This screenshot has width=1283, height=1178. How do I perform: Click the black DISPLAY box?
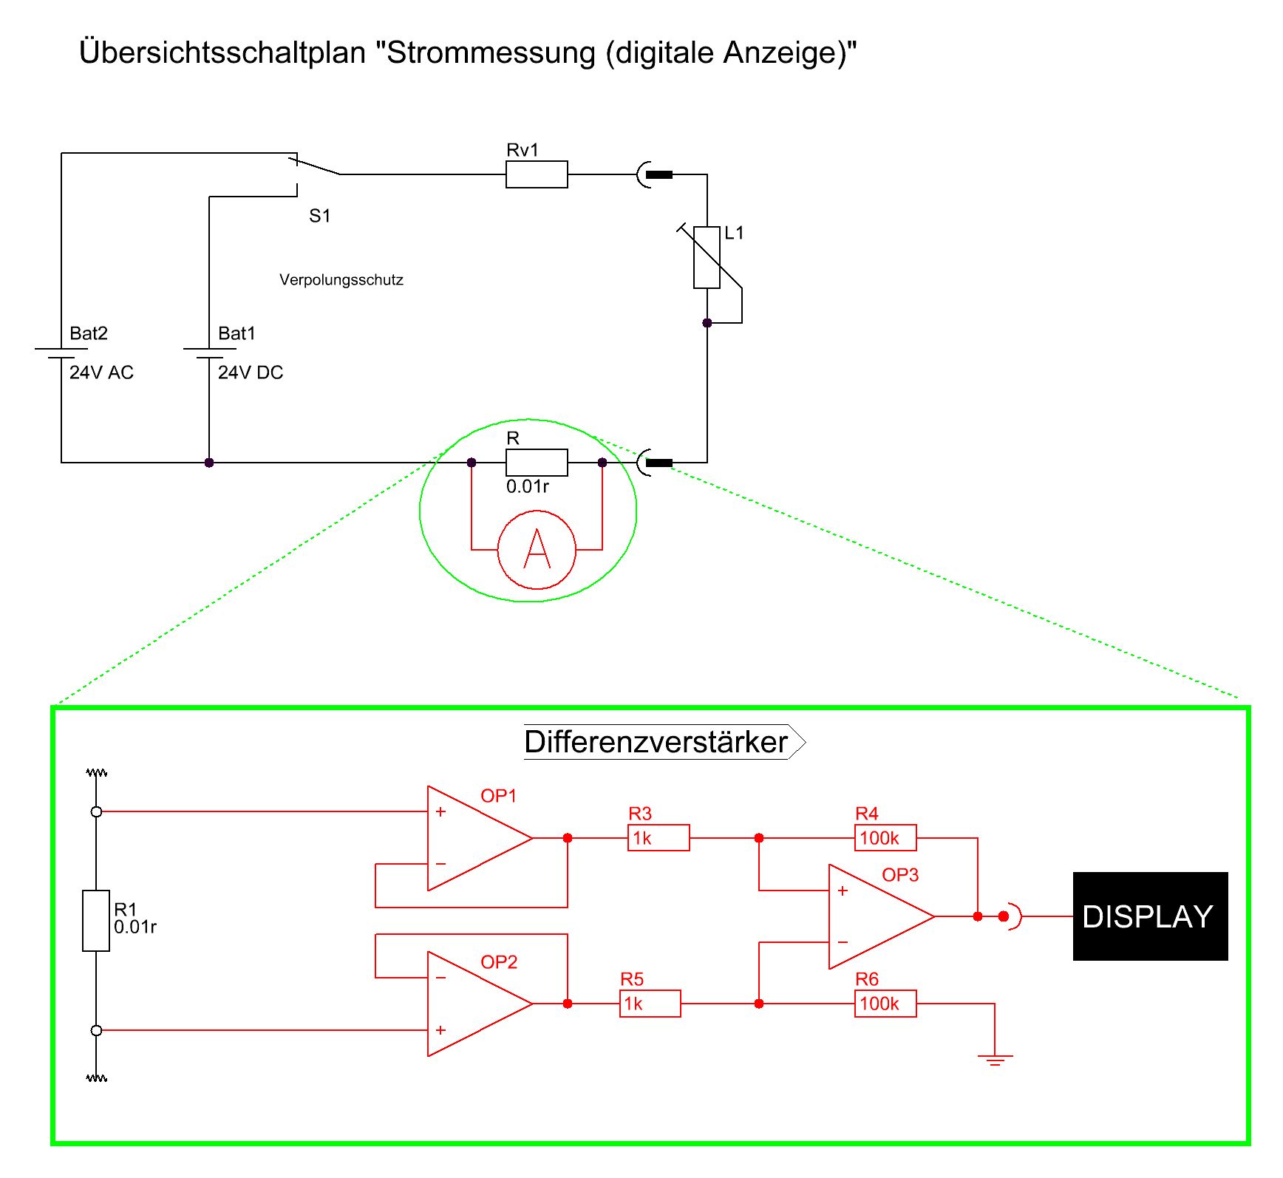pos(1150,916)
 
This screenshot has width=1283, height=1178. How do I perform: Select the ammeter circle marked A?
pos(537,550)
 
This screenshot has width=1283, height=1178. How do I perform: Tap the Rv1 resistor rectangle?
pos(537,174)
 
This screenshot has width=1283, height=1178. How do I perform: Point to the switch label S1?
pos(319,216)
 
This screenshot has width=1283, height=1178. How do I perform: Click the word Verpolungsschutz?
pos(341,280)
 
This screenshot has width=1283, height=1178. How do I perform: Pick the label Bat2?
pos(89,333)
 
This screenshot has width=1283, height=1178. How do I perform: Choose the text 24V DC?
pos(251,372)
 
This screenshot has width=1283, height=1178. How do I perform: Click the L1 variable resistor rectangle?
pos(707,257)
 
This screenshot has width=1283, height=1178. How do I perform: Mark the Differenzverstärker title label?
pos(656,742)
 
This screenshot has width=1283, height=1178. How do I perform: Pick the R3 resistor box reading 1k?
pos(658,838)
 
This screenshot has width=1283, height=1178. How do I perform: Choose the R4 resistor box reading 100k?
pos(885,838)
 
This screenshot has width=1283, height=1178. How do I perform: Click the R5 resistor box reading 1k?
pos(650,1004)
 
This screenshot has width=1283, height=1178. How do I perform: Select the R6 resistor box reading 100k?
pos(885,1004)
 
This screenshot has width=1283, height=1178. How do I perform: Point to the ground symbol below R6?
pos(995,1060)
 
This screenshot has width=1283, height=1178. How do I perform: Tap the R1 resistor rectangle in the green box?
pos(96,921)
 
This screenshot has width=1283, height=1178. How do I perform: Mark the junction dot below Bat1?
pos(209,463)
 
